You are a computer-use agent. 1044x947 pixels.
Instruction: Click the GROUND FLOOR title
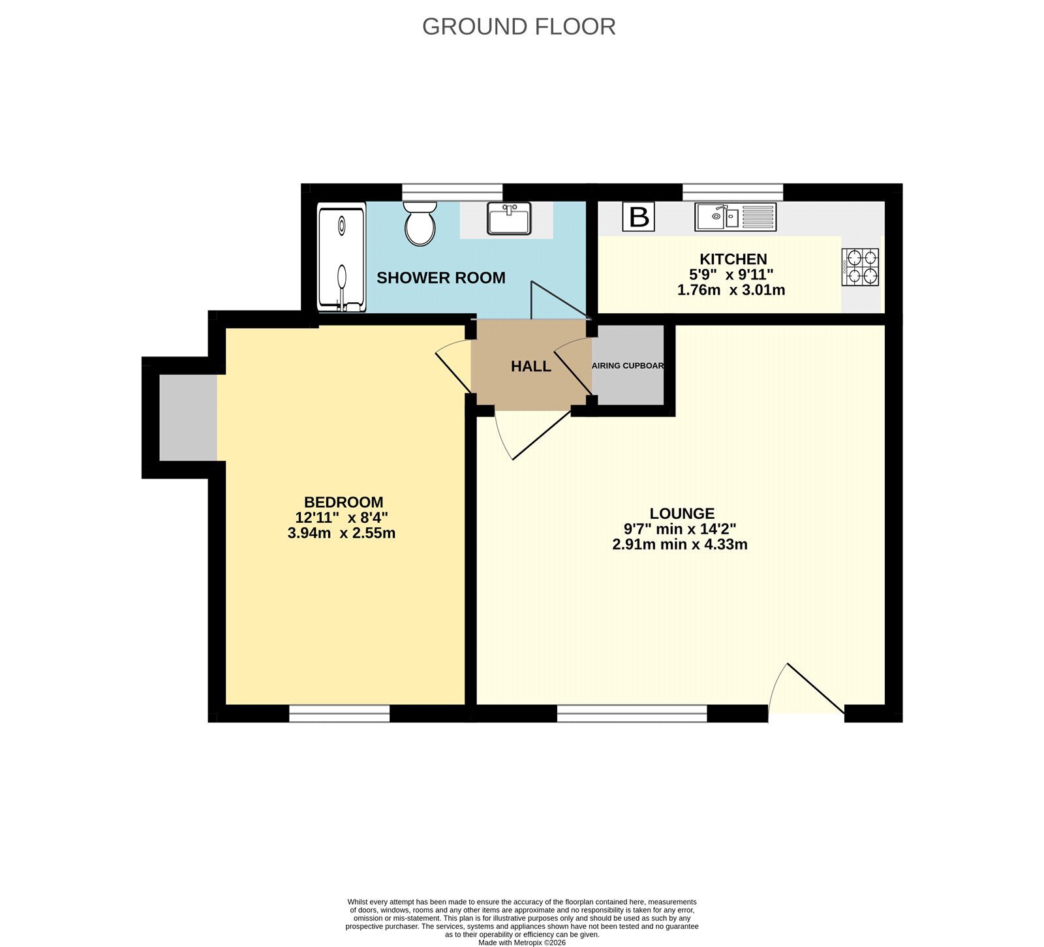[x=519, y=27]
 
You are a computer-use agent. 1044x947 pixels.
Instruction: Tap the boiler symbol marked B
[x=638, y=217]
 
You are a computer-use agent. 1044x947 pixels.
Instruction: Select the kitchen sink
[x=735, y=217]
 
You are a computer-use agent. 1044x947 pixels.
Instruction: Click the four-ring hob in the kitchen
[x=860, y=267]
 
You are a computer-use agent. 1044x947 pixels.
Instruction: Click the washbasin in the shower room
[x=509, y=219]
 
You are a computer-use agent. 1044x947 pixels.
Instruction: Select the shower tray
[x=342, y=258]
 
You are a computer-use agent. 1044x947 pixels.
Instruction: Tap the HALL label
[x=531, y=367]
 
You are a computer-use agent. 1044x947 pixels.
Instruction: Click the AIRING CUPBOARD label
[x=628, y=365]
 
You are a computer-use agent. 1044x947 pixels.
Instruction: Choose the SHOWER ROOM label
[x=441, y=278]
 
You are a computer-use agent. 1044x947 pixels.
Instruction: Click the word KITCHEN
[x=733, y=259]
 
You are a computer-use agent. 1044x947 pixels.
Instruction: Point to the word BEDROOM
[x=344, y=503]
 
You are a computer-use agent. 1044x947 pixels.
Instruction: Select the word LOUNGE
[x=682, y=514]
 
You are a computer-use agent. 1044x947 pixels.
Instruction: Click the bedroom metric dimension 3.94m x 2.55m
[x=341, y=533]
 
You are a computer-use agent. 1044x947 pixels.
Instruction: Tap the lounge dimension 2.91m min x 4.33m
[x=680, y=544]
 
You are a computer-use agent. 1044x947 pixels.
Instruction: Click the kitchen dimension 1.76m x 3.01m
[x=731, y=290]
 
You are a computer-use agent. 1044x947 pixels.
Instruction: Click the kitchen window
[x=733, y=193]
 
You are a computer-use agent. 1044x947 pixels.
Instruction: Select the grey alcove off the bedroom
[x=188, y=418]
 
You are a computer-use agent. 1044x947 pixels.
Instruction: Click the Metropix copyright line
[x=522, y=942]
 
